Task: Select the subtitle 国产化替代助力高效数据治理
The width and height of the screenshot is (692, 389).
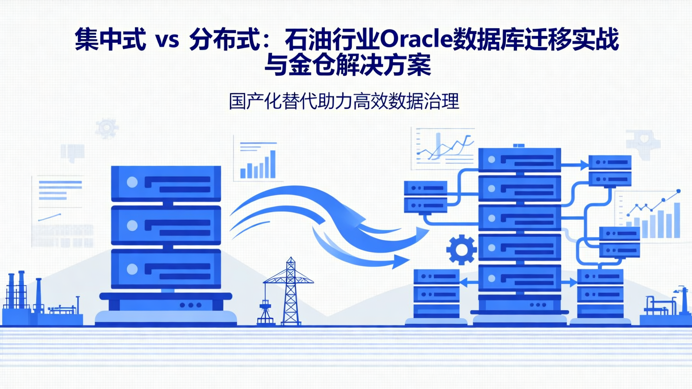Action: pos(344,102)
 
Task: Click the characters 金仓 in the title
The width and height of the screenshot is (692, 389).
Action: pos(308,66)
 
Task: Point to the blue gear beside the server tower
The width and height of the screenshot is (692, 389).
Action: pos(461,249)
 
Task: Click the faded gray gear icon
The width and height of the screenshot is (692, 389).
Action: pos(106,128)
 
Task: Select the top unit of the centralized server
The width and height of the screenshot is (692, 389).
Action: pos(166,183)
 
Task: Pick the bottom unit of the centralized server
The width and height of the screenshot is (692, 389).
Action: pos(166,269)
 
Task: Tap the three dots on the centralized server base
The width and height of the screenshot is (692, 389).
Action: pos(190,305)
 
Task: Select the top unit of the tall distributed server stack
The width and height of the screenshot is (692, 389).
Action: pos(519,159)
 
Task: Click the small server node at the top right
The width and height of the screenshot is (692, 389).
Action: pos(609,170)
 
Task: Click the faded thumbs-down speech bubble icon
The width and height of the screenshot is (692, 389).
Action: pos(73,152)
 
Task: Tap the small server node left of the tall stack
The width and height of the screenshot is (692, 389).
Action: pos(425,196)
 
